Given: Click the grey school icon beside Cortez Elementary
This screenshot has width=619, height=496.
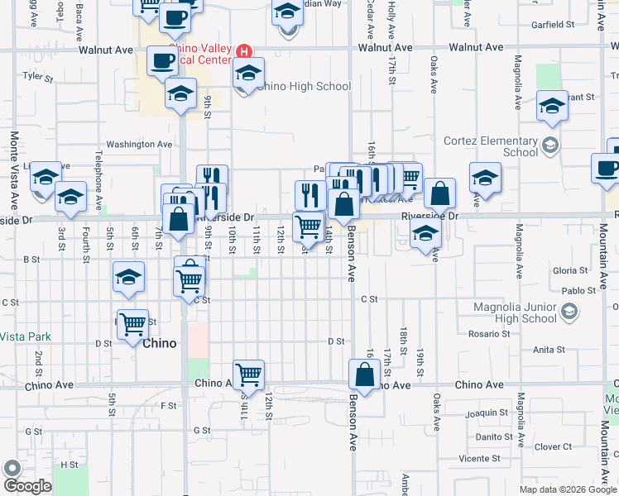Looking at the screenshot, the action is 549,146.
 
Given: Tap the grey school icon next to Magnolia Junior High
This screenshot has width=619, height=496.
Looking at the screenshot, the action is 569,311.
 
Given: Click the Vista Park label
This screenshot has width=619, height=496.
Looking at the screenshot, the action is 25,336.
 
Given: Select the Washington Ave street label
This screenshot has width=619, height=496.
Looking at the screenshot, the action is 139,144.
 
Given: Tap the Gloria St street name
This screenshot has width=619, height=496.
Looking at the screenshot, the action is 569,270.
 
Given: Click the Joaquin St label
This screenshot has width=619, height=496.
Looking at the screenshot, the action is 487,412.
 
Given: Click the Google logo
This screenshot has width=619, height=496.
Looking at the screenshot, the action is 27,485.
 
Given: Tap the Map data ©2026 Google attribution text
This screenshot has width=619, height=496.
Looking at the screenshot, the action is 567,489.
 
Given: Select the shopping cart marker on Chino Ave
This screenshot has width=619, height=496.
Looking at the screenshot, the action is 248,375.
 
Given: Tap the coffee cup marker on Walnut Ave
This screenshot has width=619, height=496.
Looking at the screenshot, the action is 162,61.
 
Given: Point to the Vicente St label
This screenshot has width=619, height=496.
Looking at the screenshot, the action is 480,457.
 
